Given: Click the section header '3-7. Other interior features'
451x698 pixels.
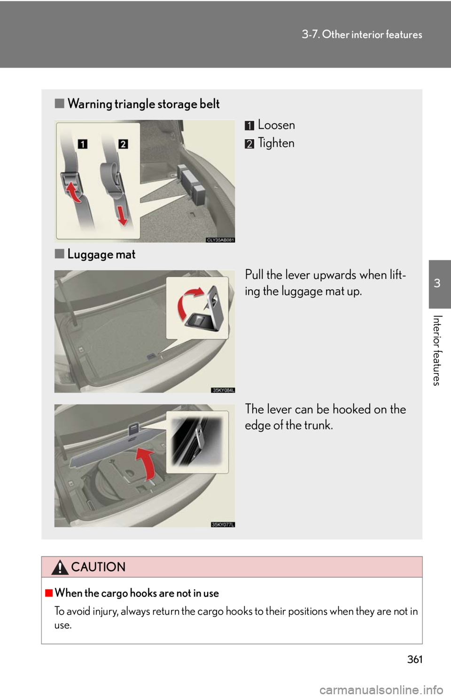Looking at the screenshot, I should (x=362, y=34).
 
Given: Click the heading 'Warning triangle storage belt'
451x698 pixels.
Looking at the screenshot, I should (x=143, y=104).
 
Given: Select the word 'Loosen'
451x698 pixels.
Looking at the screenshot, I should (x=276, y=125).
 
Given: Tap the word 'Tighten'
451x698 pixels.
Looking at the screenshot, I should (x=276, y=143).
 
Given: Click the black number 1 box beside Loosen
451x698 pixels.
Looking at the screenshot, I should (x=249, y=126).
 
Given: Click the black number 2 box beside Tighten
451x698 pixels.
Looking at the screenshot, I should (x=249, y=143).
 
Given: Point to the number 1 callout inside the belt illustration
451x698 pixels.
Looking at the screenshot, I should (x=82, y=144).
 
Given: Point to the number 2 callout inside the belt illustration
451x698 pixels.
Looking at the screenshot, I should (x=123, y=144).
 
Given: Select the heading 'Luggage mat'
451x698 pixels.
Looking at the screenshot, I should (x=101, y=254).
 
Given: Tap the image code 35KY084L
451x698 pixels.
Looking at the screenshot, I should (x=223, y=390).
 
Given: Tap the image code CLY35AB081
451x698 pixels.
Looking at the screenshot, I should (x=220, y=240).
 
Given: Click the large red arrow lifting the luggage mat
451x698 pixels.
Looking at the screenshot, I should (x=147, y=463).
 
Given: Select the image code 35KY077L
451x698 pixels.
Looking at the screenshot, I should (x=223, y=524).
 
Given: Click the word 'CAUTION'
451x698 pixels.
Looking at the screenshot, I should (x=98, y=567).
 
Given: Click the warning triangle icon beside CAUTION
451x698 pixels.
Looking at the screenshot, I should (x=60, y=568).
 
